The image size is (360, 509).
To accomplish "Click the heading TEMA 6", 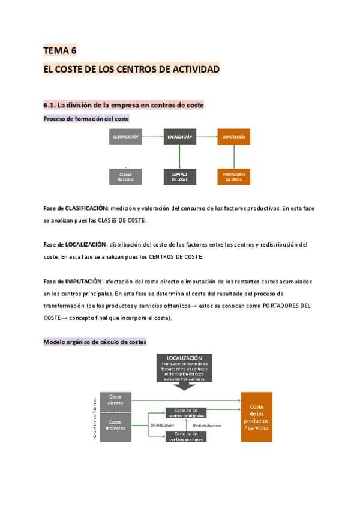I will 60,51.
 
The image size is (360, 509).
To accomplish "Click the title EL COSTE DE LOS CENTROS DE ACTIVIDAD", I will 131,70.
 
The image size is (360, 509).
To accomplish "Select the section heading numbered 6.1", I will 124,105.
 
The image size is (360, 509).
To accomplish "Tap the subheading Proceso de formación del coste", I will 86,119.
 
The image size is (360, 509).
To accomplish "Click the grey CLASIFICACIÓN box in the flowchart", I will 125,137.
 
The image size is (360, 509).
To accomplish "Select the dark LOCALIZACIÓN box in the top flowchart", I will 180,137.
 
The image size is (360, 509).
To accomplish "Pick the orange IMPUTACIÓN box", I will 233,137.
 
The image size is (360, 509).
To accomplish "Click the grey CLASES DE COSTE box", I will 125,176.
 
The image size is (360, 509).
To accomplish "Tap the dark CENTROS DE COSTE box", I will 180,176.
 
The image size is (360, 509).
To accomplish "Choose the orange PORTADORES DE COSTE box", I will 233,176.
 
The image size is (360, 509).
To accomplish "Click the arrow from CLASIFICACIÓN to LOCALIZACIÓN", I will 152,137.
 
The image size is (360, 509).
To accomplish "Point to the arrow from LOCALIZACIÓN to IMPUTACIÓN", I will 206,137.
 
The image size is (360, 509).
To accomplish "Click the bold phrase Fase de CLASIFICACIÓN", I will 75,208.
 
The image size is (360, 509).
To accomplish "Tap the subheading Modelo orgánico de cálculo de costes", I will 95,342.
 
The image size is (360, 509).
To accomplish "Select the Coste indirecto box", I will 115,426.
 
